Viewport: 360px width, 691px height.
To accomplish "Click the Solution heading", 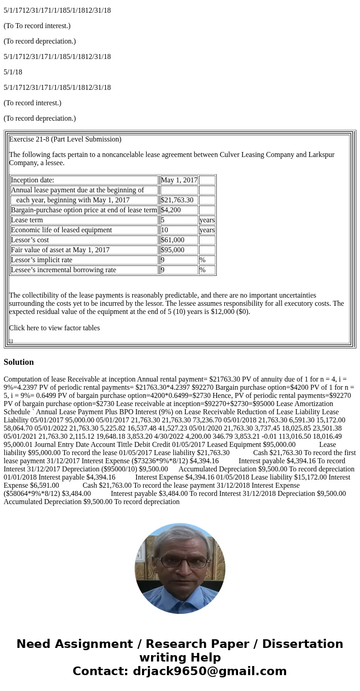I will click(x=19, y=362).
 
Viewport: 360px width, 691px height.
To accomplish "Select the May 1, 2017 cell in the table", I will click(x=179, y=180).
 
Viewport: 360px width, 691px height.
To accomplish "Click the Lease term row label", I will click(x=27, y=220).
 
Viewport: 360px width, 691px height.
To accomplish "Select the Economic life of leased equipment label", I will click(x=61, y=230).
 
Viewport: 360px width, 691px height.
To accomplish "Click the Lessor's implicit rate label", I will click(x=41, y=260).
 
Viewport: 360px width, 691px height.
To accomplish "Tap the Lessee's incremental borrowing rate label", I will click(x=63, y=270).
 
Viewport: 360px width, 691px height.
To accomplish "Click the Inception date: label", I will click(x=32, y=180).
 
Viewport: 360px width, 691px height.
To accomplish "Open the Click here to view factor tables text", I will click(x=54, y=328).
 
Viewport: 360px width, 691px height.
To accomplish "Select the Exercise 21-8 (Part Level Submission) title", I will click(x=65, y=139).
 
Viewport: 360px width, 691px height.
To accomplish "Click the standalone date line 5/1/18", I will click(x=13, y=72).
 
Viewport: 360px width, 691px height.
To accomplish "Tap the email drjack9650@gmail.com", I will click(x=209, y=671).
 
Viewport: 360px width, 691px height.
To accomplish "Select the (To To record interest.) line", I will click(x=37, y=26).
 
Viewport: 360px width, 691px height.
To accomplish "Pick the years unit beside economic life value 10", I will click(x=207, y=230).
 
